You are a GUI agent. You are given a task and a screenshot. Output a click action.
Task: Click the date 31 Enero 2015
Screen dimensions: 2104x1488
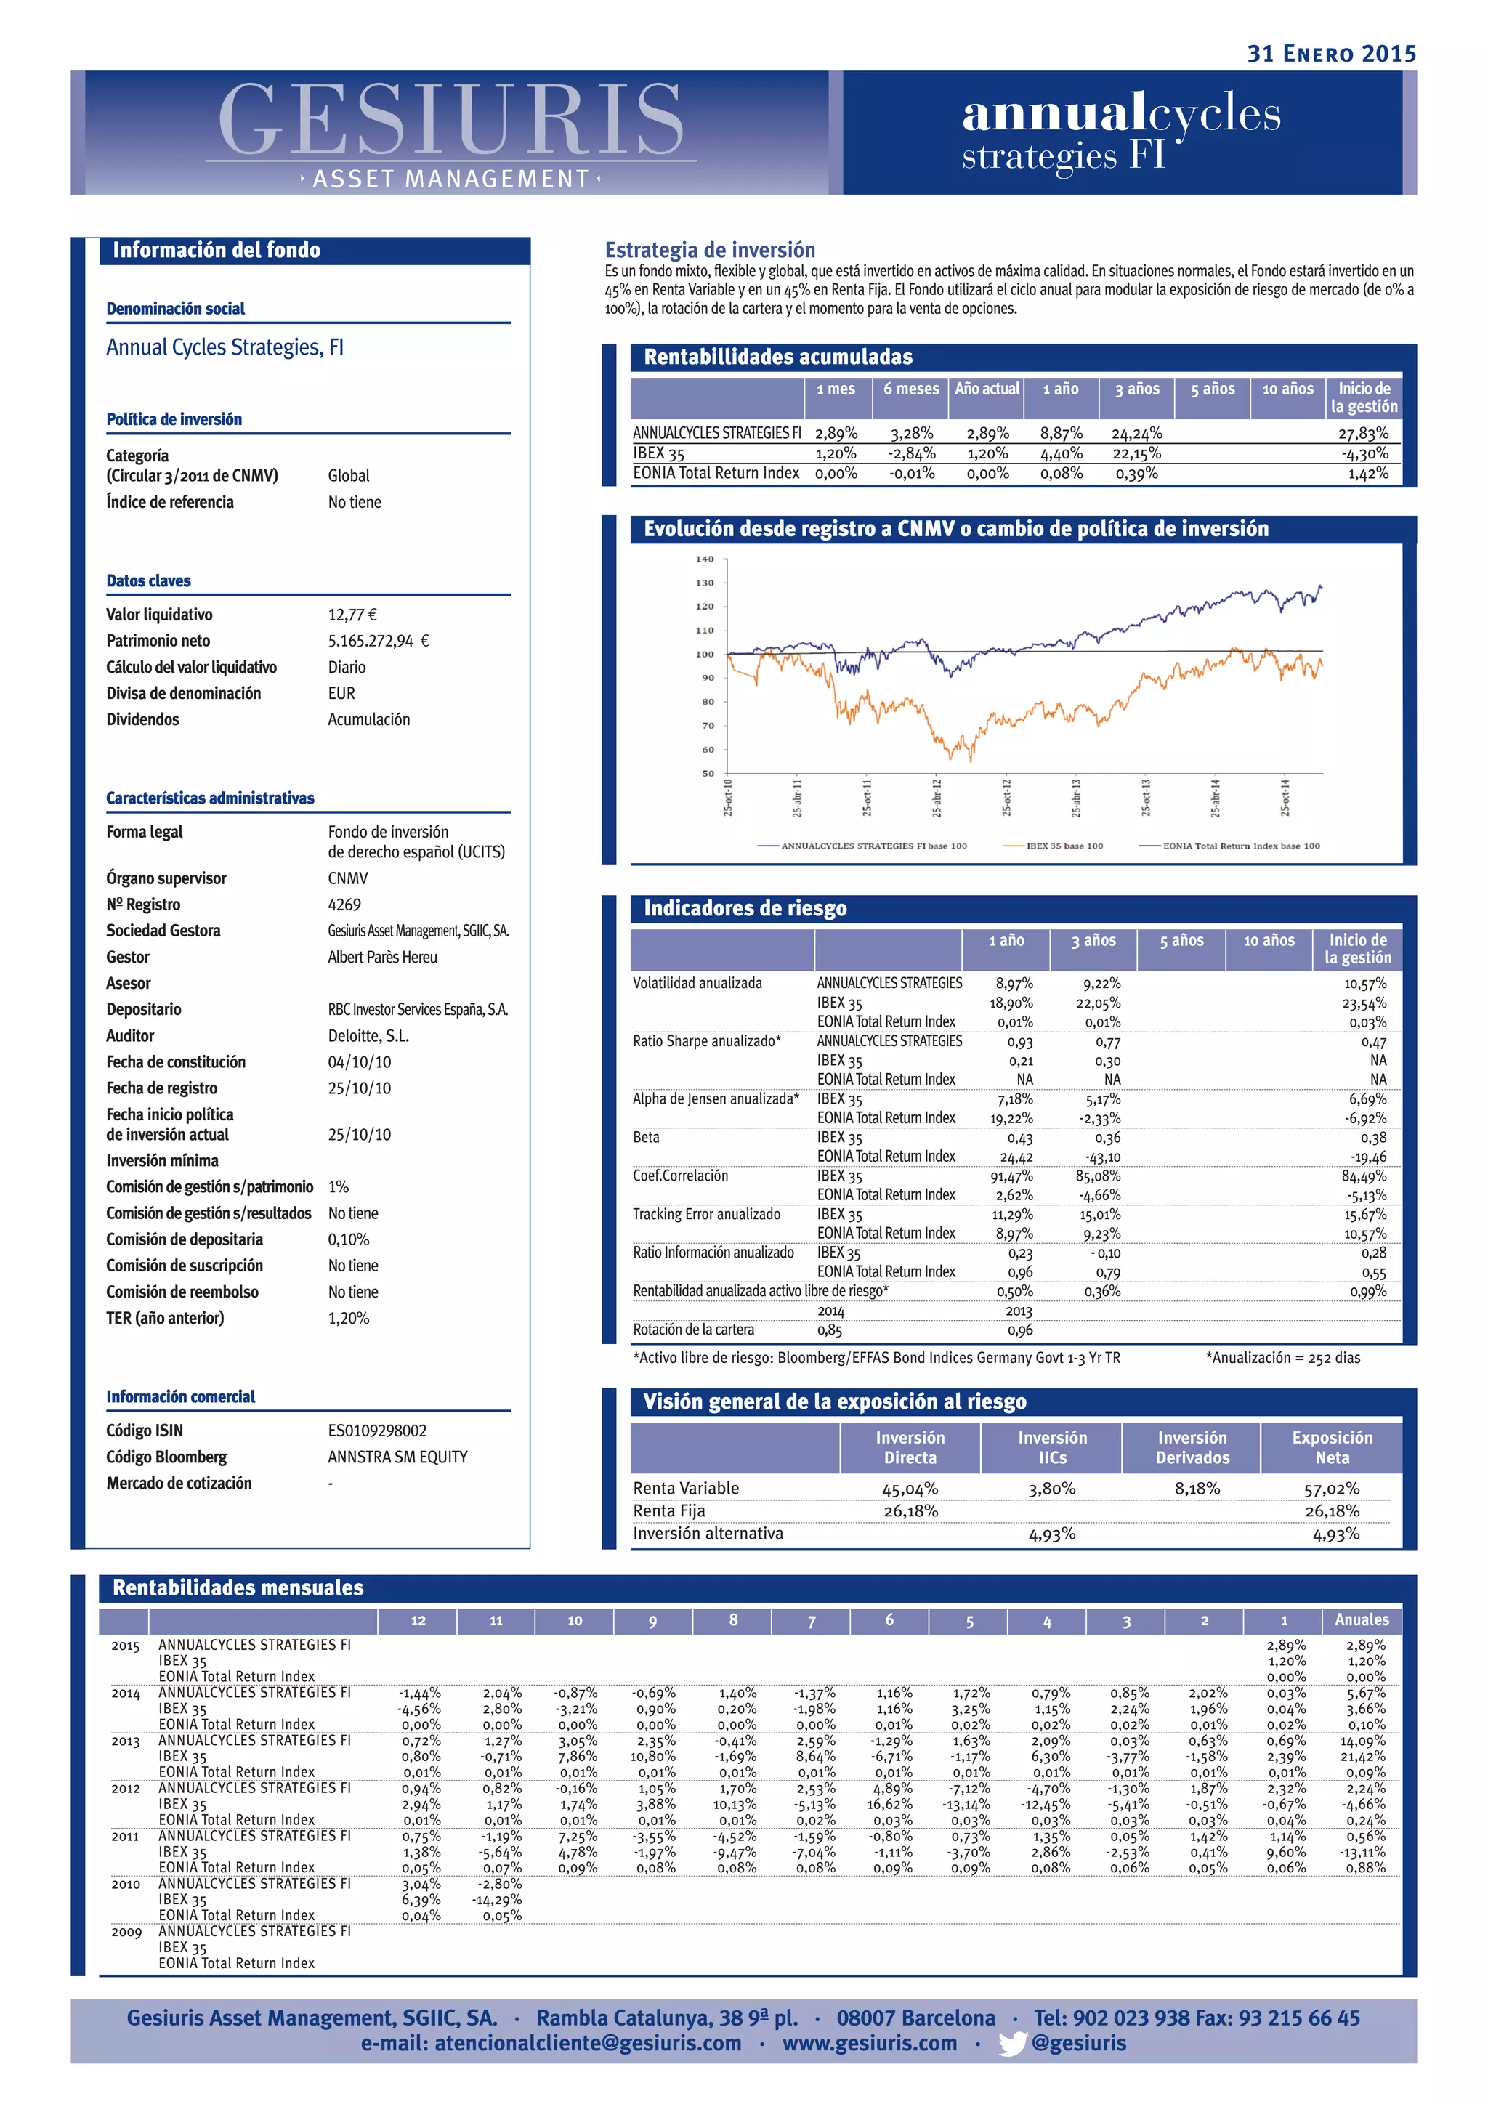point(1330,54)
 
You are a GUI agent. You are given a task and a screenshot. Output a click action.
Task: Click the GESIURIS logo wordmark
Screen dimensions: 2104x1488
point(450,119)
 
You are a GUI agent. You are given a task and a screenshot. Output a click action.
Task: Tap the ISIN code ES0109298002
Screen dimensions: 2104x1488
point(376,1431)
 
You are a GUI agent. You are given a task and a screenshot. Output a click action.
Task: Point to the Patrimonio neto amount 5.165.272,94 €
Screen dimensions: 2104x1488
point(378,642)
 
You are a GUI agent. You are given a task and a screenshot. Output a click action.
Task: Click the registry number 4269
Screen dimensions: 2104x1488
point(344,905)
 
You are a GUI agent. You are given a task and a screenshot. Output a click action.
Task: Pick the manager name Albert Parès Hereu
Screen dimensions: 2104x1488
point(382,957)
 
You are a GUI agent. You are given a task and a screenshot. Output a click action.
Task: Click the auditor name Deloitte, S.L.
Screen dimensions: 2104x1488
point(368,1035)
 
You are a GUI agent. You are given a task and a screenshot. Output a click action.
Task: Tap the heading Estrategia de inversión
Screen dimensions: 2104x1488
point(709,250)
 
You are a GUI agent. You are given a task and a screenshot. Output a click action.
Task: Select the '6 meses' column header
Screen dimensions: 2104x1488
point(911,389)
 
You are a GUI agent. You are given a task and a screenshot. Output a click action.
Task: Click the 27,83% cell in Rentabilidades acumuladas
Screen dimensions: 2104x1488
point(1362,434)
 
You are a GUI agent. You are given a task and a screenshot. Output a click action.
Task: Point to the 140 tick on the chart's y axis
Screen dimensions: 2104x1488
point(705,559)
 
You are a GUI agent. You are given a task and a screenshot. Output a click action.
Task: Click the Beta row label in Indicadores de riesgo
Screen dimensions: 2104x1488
point(646,1137)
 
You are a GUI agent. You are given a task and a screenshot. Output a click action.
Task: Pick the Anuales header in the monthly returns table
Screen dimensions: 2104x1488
point(1361,1620)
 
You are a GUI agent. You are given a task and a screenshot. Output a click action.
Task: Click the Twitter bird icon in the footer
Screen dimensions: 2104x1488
point(1011,2044)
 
